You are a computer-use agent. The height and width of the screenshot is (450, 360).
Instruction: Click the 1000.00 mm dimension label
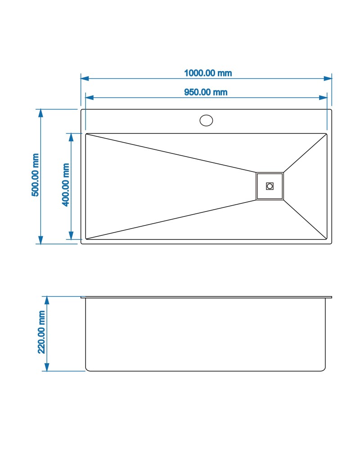click(208, 73)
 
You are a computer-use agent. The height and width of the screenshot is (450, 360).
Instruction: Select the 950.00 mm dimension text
click(206, 92)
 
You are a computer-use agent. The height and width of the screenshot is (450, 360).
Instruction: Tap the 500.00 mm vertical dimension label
click(35, 175)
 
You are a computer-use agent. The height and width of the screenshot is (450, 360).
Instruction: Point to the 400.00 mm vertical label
click(66, 184)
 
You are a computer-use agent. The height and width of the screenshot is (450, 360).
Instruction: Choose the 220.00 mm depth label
click(42, 332)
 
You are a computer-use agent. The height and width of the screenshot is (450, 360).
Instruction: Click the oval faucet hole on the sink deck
click(206, 120)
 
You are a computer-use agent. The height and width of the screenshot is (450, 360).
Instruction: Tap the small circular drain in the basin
click(270, 186)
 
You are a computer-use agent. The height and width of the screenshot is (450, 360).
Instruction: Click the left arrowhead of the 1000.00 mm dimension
click(85, 78)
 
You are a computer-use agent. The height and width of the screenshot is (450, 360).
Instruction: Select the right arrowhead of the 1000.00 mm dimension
click(328, 78)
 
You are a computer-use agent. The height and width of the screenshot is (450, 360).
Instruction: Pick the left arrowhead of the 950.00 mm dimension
click(90, 98)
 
